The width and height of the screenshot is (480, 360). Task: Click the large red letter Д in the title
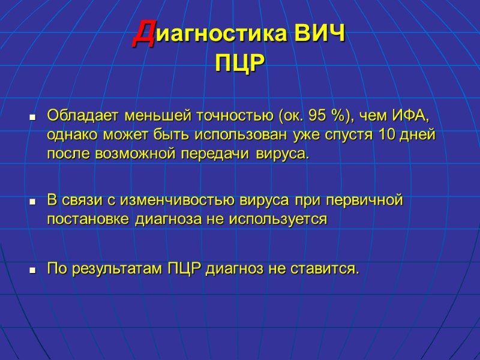coord(142,34)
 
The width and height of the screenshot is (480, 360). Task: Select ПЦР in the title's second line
coord(239,63)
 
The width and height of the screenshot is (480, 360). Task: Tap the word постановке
coord(88,219)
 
